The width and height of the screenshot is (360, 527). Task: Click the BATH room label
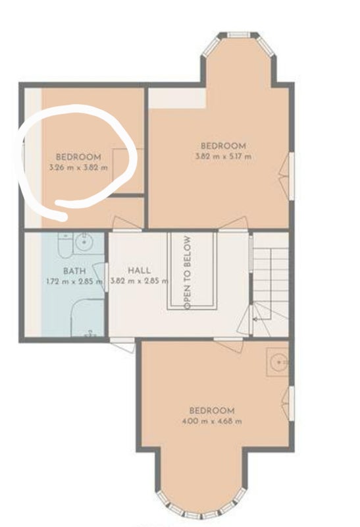tap(74, 271)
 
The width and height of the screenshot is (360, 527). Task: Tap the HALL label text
tap(139, 270)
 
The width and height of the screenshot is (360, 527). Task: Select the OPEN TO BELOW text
tap(188, 273)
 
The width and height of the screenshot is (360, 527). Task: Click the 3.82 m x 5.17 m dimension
tap(223, 156)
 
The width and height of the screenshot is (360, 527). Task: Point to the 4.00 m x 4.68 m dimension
tap(211, 421)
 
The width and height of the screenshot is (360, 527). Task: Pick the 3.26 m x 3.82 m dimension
tap(78, 167)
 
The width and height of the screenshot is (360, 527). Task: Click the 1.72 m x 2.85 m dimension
tap(74, 281)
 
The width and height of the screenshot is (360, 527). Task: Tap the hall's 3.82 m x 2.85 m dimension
tap(139, 281)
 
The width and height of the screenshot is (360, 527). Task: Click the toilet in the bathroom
tap(64, 246)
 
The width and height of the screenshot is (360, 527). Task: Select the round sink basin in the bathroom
tap(84, 242)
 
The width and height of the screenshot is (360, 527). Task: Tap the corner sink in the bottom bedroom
tap(278, 362)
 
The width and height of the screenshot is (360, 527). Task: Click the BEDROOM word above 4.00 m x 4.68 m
tap(212, 410)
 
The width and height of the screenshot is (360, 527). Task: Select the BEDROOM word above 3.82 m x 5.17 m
tap(223, 146)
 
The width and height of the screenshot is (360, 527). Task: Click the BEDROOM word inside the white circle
tap(78, 157)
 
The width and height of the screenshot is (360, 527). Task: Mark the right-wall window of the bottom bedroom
tap(292, 403)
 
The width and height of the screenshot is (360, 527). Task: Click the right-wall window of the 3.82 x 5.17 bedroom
tap(292, 177)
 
